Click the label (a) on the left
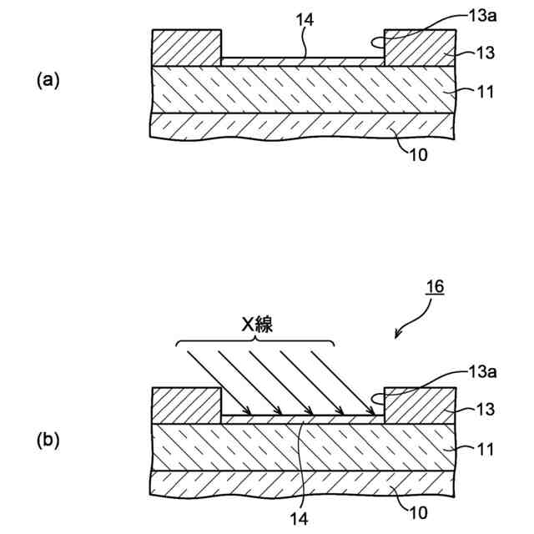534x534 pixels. pyautogui.click(x=48, y=79)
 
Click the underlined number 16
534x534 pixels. pyautogui.click(x=434, y=288)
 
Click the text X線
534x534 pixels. pyautogui.click(x=259, y=327)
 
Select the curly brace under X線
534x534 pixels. pyautogui.click(x=256, y=343)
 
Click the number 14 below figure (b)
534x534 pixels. pyautogui.click(x=300, y=518)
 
